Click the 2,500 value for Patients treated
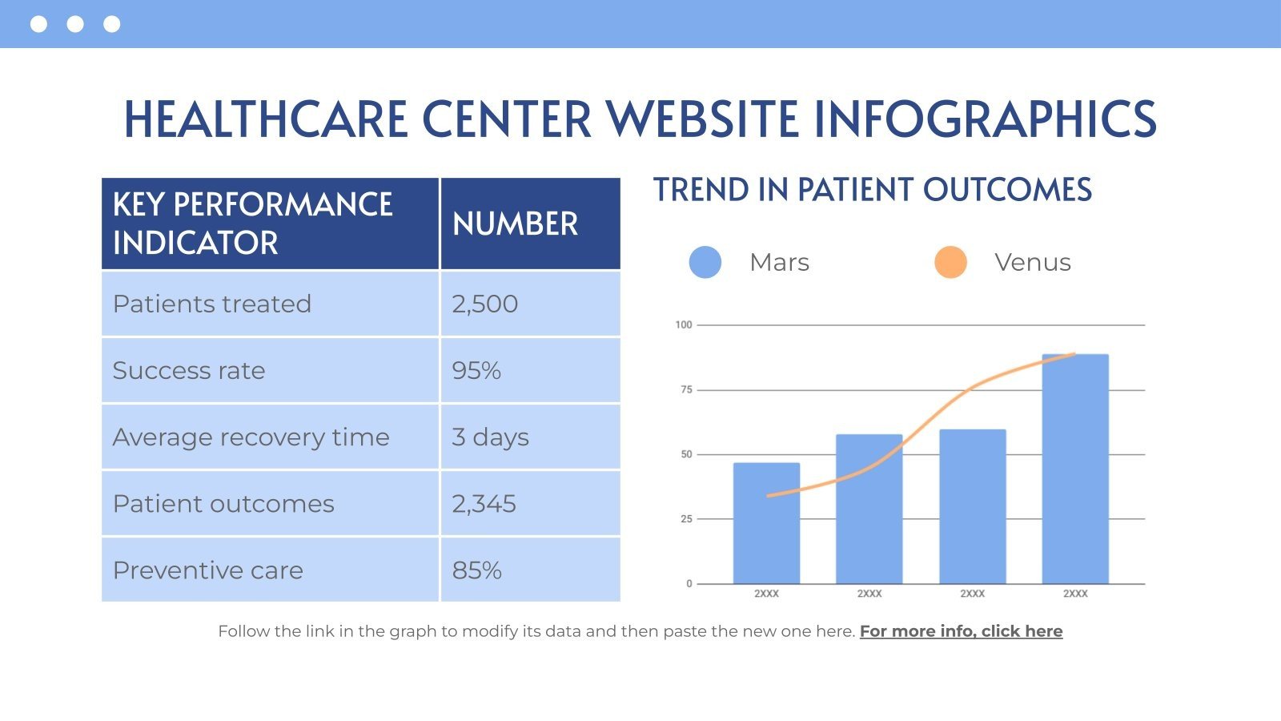click(x=485, y=304)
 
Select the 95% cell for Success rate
click(x=476, y=371)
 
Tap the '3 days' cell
click(x=490, y=437)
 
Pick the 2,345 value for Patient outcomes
click(x=484, y=504)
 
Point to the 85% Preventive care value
click(x=476, y=570)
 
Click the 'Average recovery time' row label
click(x=251, y=437)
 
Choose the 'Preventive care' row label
click(x=208, y=570)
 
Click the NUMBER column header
click(x=515, y=224)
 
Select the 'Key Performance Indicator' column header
click(x=252, y=224)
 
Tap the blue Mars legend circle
click(x=705, y=262)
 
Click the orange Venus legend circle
click(x=950, y=262)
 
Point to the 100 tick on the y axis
click(x=683, y=325)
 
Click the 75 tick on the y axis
click(x=685, y=390)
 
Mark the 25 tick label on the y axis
click(x=685, y=519)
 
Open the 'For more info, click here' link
click(x=961, y=631)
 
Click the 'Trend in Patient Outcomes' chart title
click(x=873, y=191)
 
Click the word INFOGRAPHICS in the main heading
click(x=985, y=119)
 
